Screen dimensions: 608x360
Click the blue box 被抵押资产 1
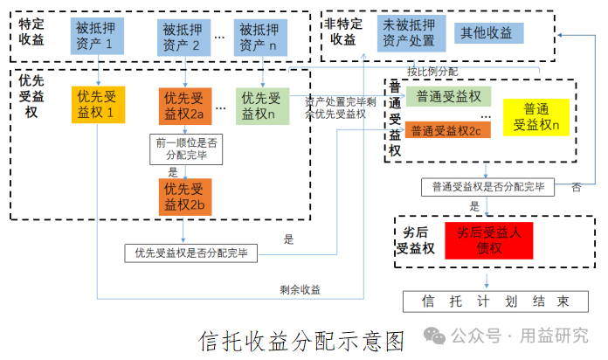(97, 36)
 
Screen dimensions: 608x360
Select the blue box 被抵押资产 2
(183, 38)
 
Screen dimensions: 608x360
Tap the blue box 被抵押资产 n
(260, 38)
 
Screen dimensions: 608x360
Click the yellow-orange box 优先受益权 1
(99, 105)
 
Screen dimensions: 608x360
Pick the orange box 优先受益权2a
(185, 107)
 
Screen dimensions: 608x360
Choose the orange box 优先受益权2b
(185, 197)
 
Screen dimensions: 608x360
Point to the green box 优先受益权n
(263, 107)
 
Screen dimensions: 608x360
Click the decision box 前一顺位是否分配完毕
(186, 149)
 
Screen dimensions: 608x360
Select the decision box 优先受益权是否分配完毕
(190, 253)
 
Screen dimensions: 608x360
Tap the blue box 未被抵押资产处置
(411, 33)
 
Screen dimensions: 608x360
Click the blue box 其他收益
(489, 33)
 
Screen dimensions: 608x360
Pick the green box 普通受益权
(449, 97)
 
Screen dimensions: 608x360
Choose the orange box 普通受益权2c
(448, 130)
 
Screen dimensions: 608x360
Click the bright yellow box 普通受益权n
(536, 117)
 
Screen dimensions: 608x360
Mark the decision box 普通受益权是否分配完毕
(487, 187)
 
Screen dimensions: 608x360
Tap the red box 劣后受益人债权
(489, 240)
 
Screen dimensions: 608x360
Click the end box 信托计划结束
(495, 301)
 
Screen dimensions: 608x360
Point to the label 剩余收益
(301, 290)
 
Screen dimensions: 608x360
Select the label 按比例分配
(432, 72)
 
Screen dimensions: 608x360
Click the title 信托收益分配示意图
(301, 342)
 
